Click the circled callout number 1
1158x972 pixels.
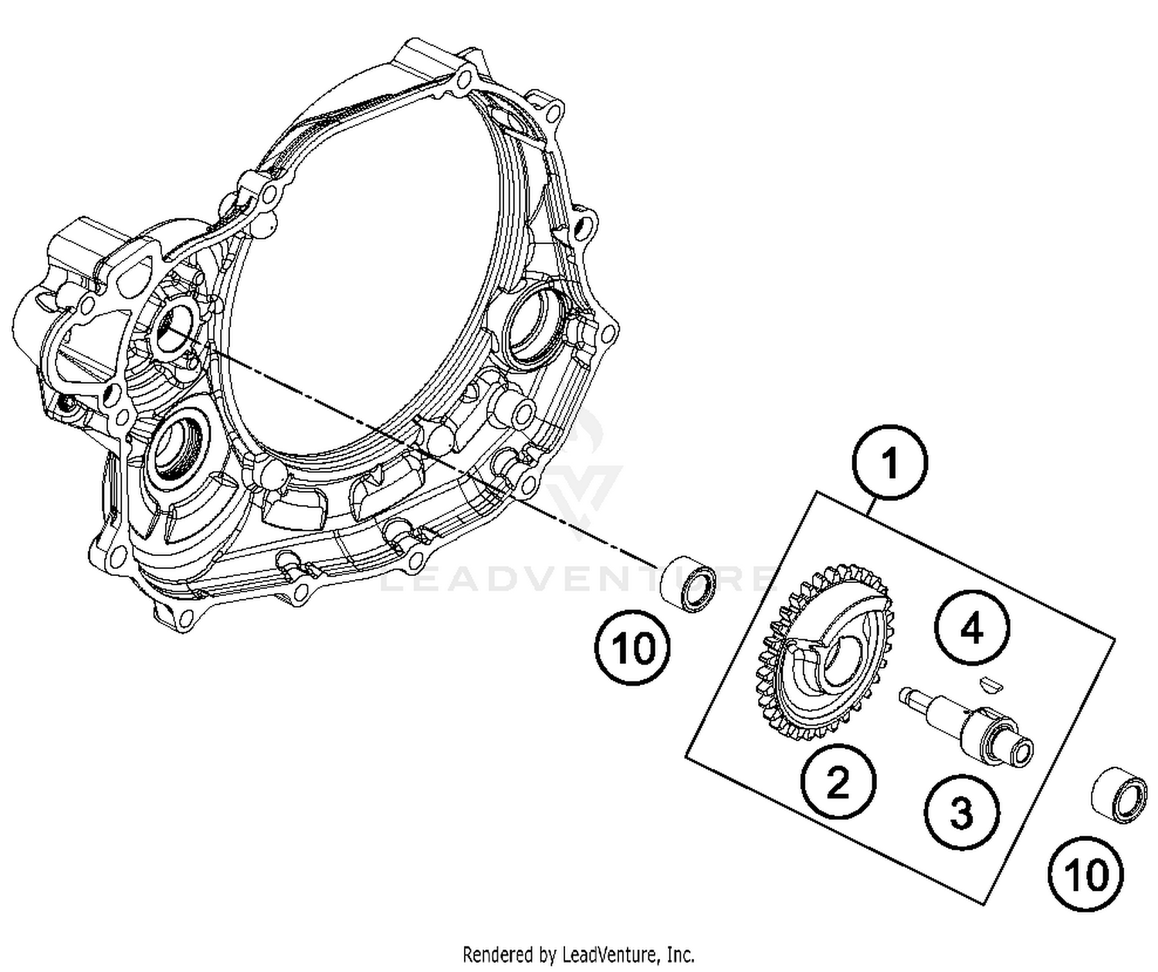point(889,464)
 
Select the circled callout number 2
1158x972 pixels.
point(838,782)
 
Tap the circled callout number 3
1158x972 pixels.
point(960,811)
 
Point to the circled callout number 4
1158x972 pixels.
point(972,628)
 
